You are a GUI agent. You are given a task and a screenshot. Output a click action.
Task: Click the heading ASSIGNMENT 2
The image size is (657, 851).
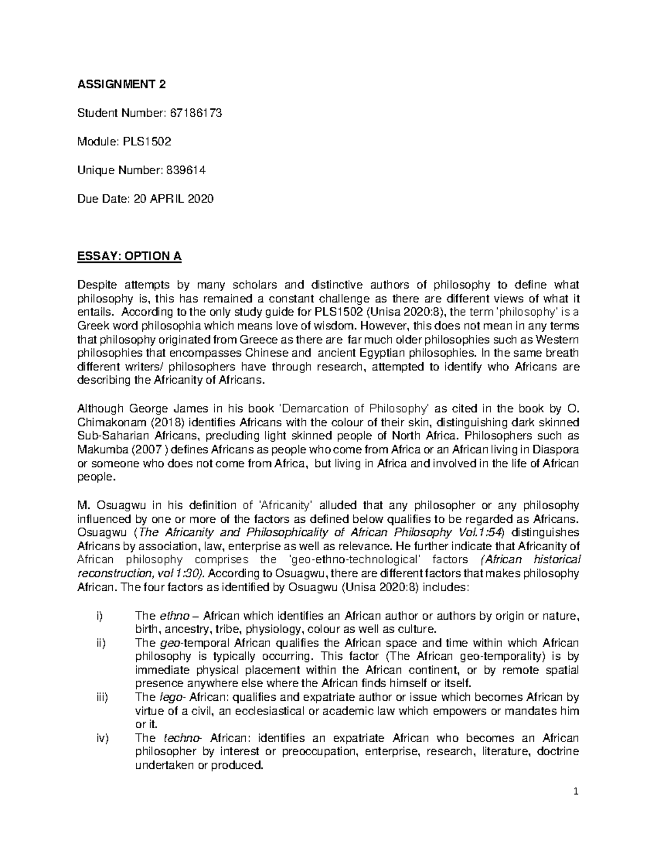tap(120, 84)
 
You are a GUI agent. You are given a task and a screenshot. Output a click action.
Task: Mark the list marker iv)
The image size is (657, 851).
tap(101, 739)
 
